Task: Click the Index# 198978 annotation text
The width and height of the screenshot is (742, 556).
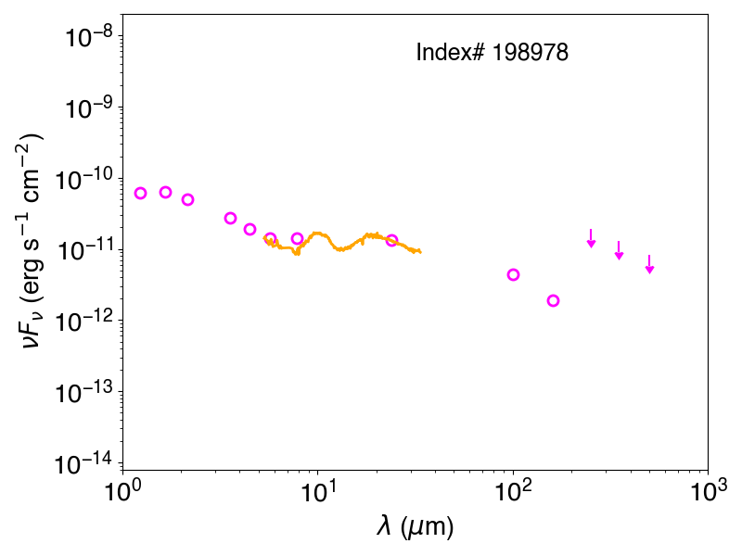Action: point(492,52)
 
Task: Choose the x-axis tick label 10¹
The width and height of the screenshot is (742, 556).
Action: point(318,491)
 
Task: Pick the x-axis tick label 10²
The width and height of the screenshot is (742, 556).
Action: point(514,491)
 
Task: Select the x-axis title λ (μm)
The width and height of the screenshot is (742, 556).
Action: point(415,526)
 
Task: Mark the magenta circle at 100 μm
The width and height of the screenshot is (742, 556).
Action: point(514,274)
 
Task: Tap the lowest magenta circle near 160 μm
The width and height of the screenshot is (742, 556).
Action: point(553,300)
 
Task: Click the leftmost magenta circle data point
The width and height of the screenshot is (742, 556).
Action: point(140,193)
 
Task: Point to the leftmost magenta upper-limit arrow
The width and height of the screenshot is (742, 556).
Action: point(591,238)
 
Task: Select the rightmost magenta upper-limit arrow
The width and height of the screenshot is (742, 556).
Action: point(650,264)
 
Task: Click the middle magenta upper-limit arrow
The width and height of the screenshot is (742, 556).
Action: point(619,250)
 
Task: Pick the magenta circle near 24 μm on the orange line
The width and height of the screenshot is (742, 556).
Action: point(391,240)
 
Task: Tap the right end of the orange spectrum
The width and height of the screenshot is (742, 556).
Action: point(421,252)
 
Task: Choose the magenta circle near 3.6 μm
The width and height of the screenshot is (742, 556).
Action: point(230,218)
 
